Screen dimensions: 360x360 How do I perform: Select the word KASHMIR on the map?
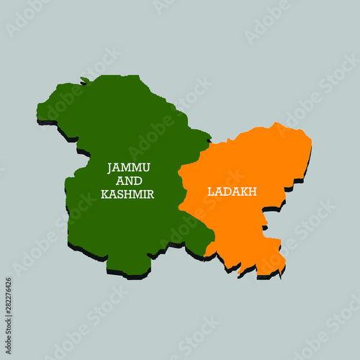coord(128,194)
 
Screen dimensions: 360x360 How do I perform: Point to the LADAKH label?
coord(232,192)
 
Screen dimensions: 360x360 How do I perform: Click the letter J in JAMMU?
coord(110,167)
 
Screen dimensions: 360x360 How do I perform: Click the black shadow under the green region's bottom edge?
coord(126,275)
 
